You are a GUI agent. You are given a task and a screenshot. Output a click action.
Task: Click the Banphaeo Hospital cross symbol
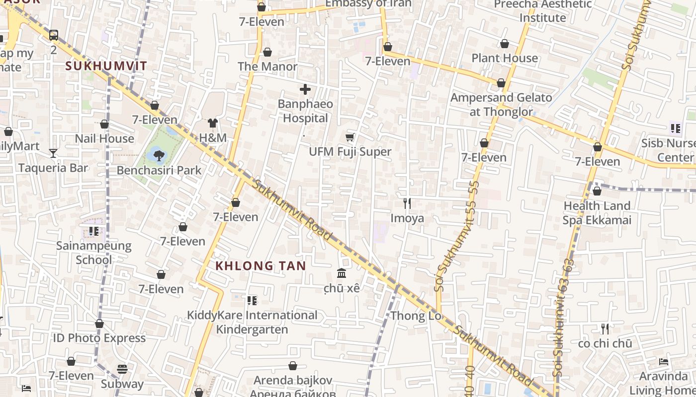(x=305, y=90)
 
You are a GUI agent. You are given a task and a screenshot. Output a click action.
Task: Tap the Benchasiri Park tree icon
(x=159, y=156)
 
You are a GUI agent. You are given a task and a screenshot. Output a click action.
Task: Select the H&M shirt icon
(x=213, y=123)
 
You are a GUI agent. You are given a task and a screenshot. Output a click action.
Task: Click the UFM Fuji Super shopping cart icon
(x=350, y=137)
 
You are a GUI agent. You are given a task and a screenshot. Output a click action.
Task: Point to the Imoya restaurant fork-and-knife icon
(x=407, y=203)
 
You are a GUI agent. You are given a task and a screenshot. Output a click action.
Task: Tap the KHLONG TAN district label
(x=261, y=266)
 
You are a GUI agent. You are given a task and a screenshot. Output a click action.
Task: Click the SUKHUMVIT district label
(x=106, y=66)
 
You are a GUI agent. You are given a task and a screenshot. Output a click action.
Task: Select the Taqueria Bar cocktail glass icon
(x=53, y=153)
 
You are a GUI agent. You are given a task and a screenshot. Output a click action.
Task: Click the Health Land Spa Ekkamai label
(x=597, y=213)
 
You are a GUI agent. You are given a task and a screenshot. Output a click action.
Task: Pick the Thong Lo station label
(x=415, y=316)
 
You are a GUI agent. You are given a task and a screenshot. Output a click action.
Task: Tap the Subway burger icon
(x=122, y=369)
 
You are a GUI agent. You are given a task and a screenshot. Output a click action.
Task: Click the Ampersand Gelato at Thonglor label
(x=501, y=105)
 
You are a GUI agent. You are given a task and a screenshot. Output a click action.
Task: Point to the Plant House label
(x=505, y=58)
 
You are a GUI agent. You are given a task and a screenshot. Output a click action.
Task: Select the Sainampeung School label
(x=93, y=253)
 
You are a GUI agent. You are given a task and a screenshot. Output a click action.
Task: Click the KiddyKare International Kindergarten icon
(x=252, y=300)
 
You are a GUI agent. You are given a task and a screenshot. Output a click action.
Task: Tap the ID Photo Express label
(x=99, y=338)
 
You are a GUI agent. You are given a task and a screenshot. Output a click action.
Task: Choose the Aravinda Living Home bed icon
(x=663, y=361)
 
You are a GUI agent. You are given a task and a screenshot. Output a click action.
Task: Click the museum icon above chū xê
(x=342, y=273)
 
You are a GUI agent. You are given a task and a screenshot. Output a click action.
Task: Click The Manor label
(x=267, y=66)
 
